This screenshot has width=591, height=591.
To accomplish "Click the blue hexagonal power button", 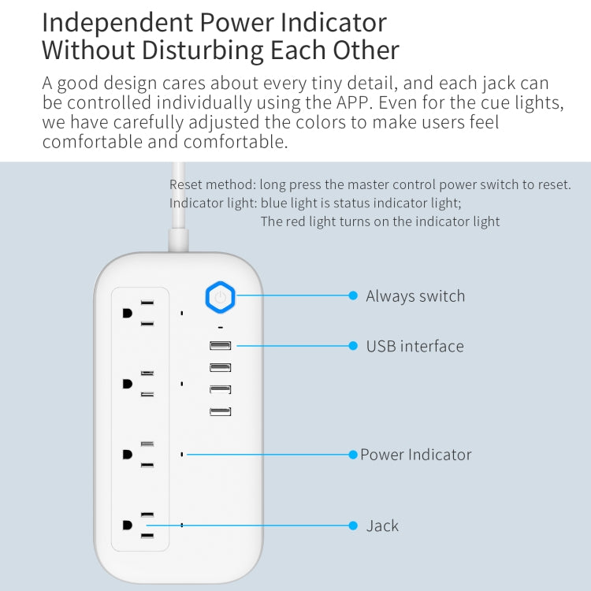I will coord(220,297).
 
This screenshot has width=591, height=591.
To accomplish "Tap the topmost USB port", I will coord(221,345).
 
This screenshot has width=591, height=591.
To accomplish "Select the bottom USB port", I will coord(221,411).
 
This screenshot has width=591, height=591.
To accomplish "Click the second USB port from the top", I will coord(221,367).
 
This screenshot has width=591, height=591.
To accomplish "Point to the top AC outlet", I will coord(139,313).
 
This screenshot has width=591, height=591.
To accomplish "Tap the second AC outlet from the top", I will coord(139,383).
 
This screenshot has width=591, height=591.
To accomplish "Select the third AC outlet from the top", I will coord(139,454).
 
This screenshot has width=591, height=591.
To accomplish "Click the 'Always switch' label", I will coord(415,296).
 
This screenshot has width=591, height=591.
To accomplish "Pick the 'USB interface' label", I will coord(414,346).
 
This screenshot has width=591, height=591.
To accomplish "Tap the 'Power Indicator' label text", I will coord(416,455).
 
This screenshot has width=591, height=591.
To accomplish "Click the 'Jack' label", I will coord(382,526).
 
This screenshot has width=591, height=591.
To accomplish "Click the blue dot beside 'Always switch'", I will coord(353,295).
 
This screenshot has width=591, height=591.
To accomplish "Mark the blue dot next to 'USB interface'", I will coord(353,345).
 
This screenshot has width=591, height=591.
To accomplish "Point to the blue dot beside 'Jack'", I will coord(353,525).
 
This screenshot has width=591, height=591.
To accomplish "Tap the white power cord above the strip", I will coord(178,205).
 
